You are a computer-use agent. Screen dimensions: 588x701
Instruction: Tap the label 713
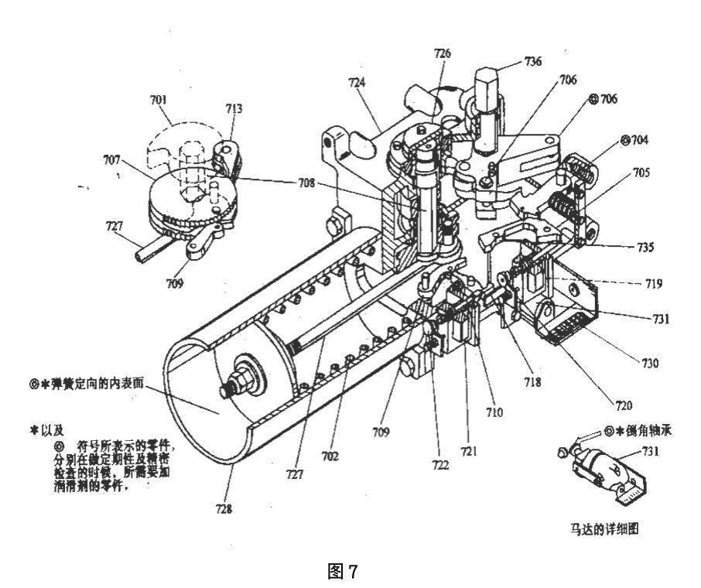click(x=232, y=109)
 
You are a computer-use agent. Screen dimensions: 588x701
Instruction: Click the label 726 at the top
click(x=442, y=53)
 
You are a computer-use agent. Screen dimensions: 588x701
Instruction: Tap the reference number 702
click(x=330, y=456)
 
